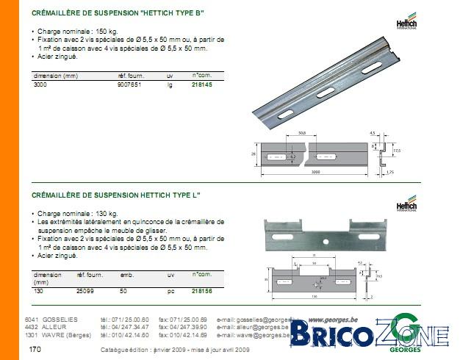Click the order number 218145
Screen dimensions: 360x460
[x=202, y=85]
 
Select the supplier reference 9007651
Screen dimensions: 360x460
[x=131, y=85]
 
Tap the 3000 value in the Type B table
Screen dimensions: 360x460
[x=40, y=85]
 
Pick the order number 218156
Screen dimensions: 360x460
[x=202, y=291]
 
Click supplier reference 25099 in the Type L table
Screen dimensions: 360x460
[x=85, y=291]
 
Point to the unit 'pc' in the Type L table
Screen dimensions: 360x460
[x=170, y=291]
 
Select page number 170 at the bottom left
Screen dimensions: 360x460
[x=35, y=350]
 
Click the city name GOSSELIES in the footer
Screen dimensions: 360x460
[x=60, y=320]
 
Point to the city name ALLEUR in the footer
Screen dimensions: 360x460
[x=54, y=327]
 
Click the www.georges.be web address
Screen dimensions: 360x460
[x=334, y=320]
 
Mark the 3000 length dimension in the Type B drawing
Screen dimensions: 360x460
[x=315, y=172]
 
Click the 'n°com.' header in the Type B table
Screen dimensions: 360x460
[x=201, y=76]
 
